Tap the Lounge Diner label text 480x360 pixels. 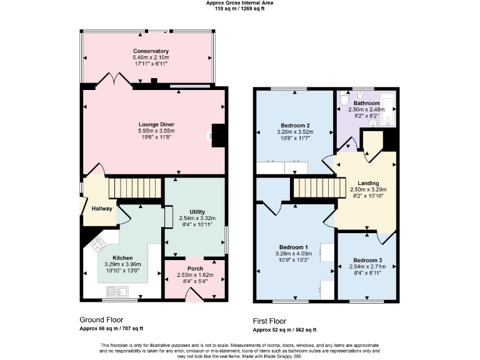pos(156,124)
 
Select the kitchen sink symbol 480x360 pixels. pos(117,291)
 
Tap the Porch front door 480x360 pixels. pos(194,294)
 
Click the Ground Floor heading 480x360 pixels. pos(101,319)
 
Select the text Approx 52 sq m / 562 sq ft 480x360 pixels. pos(284,329)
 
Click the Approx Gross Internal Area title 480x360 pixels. pos(240,3)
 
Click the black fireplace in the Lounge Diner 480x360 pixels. pos(218,135)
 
